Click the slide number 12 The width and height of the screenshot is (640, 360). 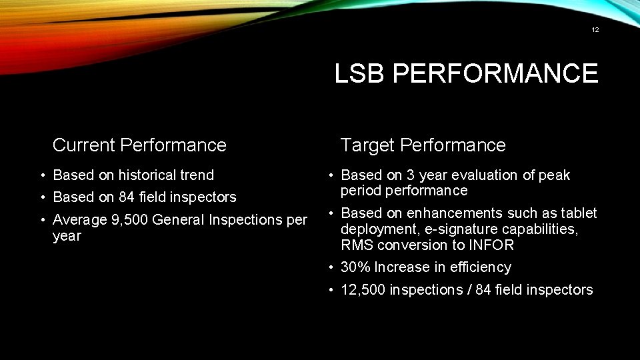[x=595, y=29]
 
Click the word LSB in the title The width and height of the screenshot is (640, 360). [x=359, y=73]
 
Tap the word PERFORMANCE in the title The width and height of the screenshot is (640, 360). [x=495, y=73]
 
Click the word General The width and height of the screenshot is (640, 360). [x=180, y=219]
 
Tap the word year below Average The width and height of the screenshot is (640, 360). [x=67, y=236]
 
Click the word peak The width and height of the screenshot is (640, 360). [x=555, y=176]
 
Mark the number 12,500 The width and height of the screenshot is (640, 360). [x=363, y=290]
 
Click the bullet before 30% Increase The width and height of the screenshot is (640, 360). [x=331, y=267]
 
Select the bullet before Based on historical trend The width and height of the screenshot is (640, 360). [x=43, y=175]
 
